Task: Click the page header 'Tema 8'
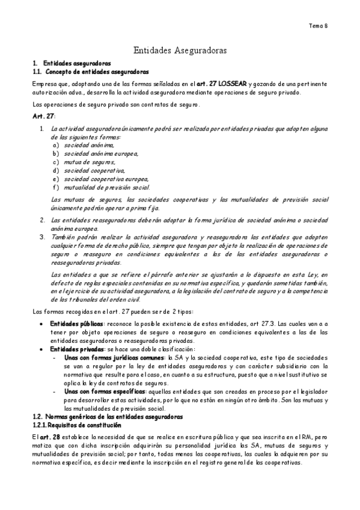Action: [318, 26]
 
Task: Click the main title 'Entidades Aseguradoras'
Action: [180, 52]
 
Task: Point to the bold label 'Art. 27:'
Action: [43, 115]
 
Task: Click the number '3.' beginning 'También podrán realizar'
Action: [43, 237]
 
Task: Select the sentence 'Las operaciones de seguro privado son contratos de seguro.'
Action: [116, 104]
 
